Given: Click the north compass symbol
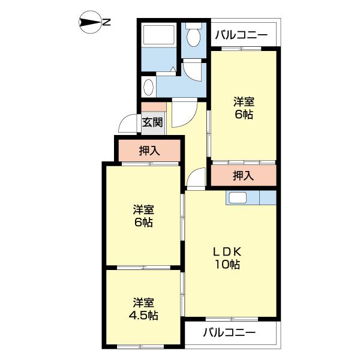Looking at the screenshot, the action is (x=91, y=22).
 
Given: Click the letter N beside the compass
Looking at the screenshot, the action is (x=106, y=22).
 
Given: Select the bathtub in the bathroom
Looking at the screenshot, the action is (x=158, y=35).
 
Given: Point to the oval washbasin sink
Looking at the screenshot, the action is (x=148, y=87).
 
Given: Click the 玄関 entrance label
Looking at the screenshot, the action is (x=152, y=122).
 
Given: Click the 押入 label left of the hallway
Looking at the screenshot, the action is (x=149, y=151).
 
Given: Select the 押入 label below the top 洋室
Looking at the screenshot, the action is (x=244, y=176).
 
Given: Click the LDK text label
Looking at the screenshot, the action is (x=227, y=252).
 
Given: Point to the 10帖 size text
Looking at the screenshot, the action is (x=227, y=264).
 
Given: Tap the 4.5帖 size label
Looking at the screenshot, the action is (x=143, y=316).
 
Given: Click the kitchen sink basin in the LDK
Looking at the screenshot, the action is (x=238, y=197).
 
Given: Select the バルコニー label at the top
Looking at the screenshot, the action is (x=241, y=35).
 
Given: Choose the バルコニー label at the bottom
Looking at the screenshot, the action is (x=229, y=332).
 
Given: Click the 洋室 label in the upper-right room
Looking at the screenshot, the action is (x=244, y=102).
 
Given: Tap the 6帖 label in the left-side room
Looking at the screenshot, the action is (x=143, y=222).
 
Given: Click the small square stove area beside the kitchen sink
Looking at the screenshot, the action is (x=268, y=197).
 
